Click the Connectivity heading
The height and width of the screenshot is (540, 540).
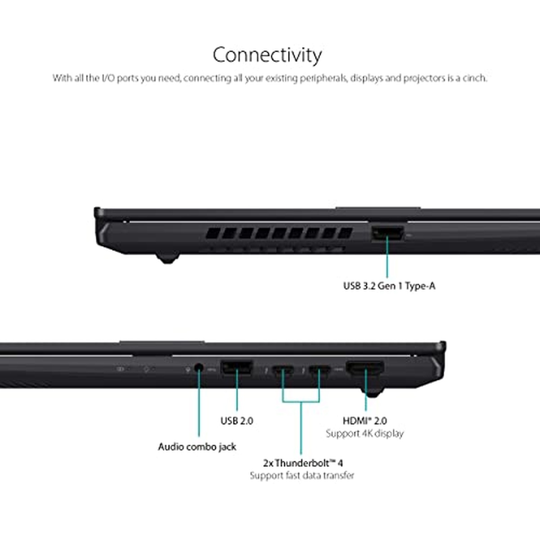(x=267, y=55)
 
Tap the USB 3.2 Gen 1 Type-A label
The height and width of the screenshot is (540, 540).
(x=389, y=286)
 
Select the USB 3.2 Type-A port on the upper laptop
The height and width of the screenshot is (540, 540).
(x=388, y=233)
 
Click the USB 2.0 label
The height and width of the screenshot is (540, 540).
(x=237, y=421)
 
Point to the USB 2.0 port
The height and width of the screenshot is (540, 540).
(x=237, y=367)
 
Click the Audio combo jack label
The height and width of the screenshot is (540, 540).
(x=197, y=447)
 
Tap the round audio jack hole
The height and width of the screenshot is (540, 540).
(x=199, y=367)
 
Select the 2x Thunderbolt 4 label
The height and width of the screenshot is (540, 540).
(x=303, y=463)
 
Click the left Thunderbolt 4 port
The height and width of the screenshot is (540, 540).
(x=283, y=370)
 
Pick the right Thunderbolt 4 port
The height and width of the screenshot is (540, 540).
(x=319, y=370)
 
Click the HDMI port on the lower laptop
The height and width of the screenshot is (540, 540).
(x=365, y=368)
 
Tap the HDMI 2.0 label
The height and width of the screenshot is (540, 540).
(x=365, y=421)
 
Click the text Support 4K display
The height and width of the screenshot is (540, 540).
(x=364, y=433)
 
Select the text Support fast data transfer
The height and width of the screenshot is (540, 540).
(x=302, y=476)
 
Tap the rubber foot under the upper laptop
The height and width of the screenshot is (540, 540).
(x=167, y=258)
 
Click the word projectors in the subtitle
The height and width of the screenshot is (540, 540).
(x=424, y=78)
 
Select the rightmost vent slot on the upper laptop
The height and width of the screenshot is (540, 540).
(x=345, y=233)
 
